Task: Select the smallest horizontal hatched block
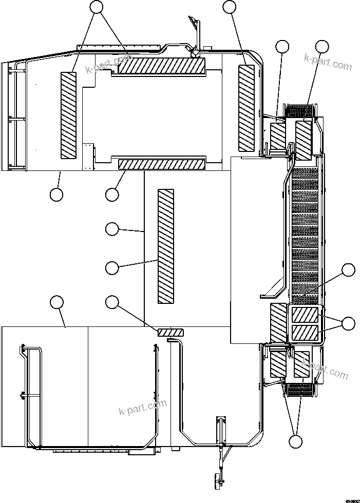(167, 333)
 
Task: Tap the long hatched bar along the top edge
(158, 66)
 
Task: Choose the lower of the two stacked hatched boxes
(305, 333)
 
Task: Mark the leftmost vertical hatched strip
(68, 115)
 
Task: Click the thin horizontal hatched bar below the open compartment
(161, 164)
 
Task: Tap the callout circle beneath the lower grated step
(295, 441)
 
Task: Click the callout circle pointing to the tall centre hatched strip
(112, 267)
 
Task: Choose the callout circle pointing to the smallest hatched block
(112, 302)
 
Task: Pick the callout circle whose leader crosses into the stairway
(349, 269)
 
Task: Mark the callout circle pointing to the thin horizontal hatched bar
(112, 195)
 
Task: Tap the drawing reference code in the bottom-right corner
(352, 499)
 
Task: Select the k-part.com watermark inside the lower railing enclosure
(142, 408)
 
